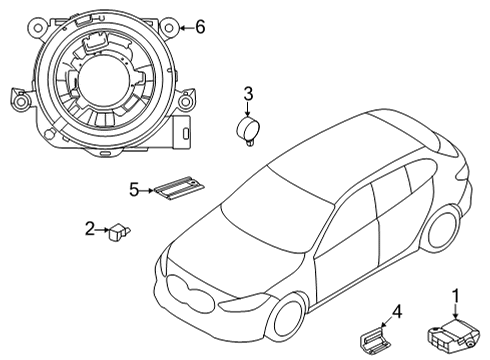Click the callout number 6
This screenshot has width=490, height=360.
pyautogui.click(x=199, y=27)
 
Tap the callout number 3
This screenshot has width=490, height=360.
pyautogui.click(x=248, y=95)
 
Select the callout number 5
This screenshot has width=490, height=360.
pyautogui.click(x=133, y=188)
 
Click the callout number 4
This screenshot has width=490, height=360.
pyautogui.click(x=397, y=313)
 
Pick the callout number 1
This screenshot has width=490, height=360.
pyautogui.click(x=456, y=295)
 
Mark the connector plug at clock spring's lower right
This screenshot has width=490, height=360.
pyautogui.click(x=185, y=131)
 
